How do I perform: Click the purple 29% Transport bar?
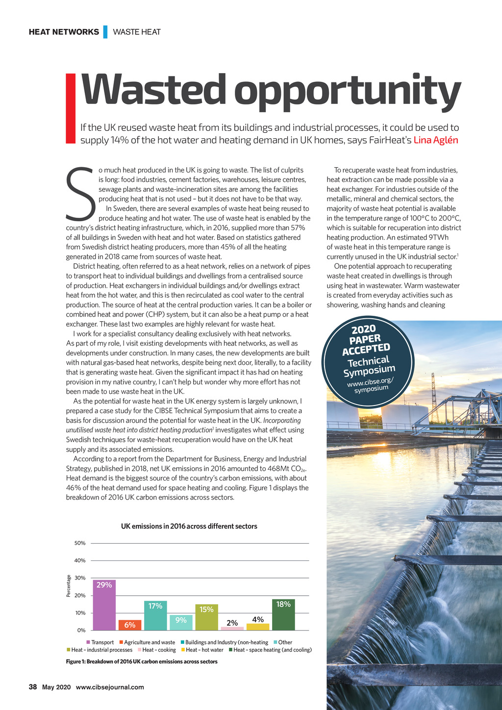[104, 605]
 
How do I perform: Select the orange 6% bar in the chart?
[130, 625]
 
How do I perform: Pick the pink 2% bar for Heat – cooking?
[232, 628]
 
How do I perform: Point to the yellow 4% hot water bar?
[258, 626]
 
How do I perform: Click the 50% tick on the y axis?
[80, 543]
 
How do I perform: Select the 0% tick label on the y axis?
[81, 630]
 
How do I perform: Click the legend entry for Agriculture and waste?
[147, 642]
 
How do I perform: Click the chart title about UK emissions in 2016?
[189, 526]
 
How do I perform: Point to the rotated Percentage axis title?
[69, 586]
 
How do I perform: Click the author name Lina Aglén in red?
[436, 140]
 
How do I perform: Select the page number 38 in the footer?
[33, 687]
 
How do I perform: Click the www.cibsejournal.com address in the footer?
[110, 687]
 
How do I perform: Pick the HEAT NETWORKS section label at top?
[64, 32]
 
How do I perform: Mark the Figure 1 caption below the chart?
[142, 661]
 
